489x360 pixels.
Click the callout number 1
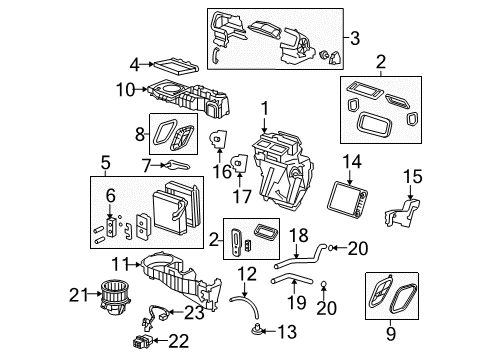point(265,109)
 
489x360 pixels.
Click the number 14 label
point(351,160)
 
